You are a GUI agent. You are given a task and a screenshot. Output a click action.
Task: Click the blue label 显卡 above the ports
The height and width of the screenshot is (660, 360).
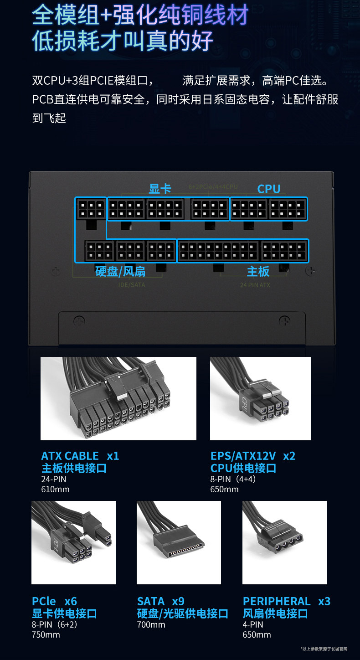coord(160,189)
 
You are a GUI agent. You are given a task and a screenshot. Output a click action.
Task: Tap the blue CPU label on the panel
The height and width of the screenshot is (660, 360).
coord(269,189)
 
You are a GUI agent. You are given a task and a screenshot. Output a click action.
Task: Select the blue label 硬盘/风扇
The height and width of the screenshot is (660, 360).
coord(120,272)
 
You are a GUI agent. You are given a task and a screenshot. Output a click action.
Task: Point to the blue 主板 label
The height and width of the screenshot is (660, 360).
coord(258,272)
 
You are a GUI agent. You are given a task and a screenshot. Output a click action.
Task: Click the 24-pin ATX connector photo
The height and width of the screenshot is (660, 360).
coord(118,398)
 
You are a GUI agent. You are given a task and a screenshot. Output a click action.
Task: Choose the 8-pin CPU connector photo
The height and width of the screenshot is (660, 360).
coord(260,398)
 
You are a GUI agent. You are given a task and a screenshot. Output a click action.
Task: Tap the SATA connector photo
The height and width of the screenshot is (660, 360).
coord(179,542)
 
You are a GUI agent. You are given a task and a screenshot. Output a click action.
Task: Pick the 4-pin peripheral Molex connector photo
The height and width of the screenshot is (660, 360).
coord(284,542)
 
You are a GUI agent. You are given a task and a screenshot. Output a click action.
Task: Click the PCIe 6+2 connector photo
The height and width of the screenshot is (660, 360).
coord(73,542)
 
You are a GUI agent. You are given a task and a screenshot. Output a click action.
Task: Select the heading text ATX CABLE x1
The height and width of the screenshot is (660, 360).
coord(80,456)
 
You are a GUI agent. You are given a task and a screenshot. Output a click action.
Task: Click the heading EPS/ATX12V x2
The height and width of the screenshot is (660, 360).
coord(253,456)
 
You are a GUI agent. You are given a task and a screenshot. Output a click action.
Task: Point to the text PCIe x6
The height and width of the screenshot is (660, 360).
coord(54,601)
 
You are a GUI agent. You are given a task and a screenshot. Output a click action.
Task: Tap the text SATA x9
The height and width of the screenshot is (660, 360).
coord(161,601)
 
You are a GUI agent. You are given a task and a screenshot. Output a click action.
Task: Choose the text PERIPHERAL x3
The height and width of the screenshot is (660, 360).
coord(286,601)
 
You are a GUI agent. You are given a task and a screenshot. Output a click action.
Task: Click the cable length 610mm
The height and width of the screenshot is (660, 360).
coord(55,490)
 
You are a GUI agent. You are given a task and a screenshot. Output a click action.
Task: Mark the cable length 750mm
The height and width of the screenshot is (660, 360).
coord(46,634)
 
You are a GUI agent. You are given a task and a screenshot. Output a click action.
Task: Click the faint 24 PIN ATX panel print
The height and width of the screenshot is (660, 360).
coord(255,285)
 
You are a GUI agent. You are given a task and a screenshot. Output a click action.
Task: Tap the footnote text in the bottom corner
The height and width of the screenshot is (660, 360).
coord(324,649)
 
